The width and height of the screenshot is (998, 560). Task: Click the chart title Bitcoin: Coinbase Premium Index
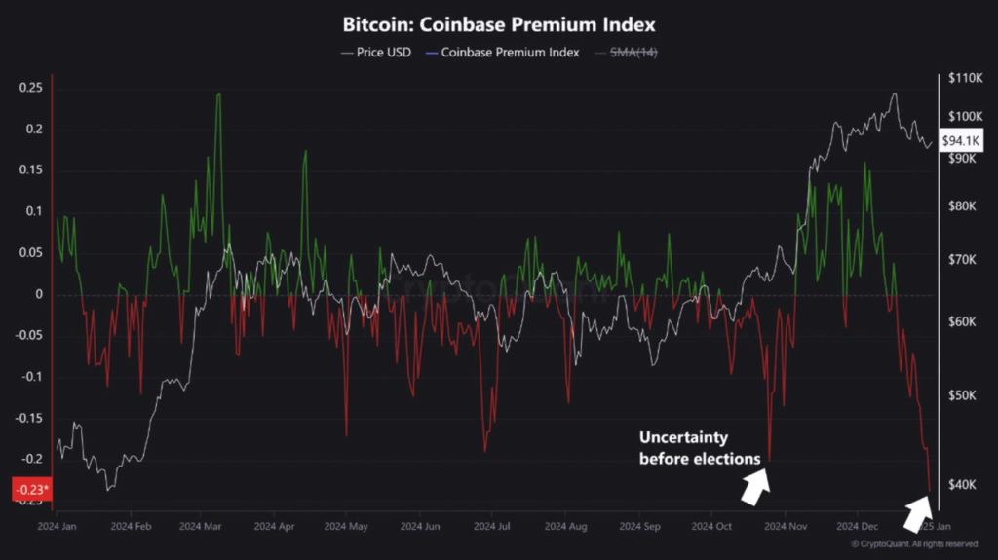coord(498,22)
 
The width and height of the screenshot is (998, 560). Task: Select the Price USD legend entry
coord(377,52)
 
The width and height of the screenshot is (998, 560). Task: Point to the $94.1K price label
coord(961,141)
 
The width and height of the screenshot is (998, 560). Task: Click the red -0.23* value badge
coord(29,491)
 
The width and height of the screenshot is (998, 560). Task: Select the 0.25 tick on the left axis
coord(31,88)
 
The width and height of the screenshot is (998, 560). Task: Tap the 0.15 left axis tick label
coord(31,170)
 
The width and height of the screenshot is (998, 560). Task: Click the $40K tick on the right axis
coord(962,484)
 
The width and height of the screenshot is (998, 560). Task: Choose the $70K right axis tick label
coord(962,260)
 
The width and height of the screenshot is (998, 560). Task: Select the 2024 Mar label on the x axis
coord(200,526)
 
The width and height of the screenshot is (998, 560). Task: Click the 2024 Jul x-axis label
coord(491,526)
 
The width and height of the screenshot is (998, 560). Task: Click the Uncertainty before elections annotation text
coord(699,447)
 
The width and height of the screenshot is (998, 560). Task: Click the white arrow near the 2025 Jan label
coord(918,511)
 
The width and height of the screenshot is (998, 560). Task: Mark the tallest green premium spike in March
coord(218,95)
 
